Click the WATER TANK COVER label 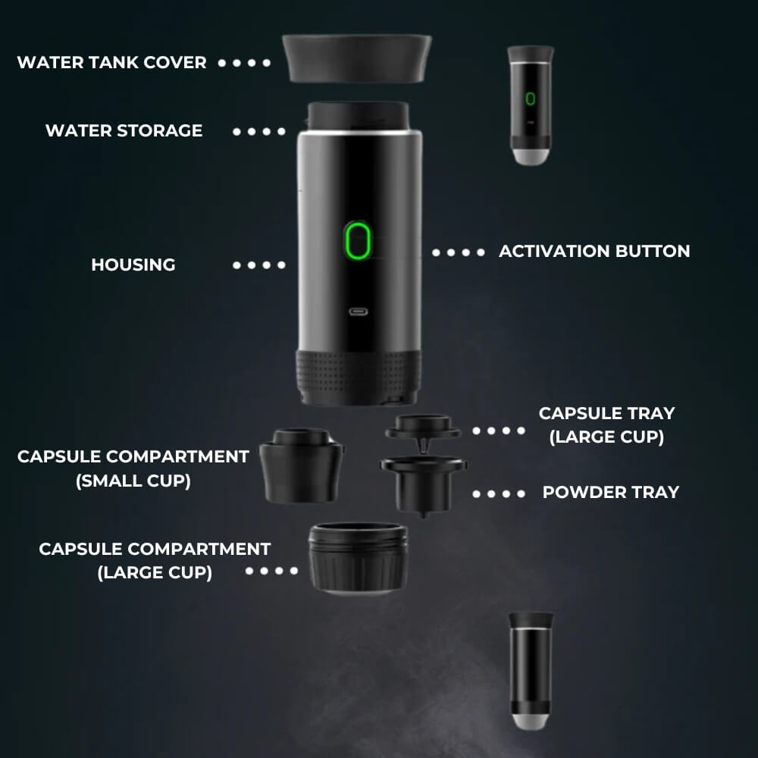point(111,62)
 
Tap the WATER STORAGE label point(124,130)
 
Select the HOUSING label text point(133,265)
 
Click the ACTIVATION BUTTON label point(594,251)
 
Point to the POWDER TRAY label point(610,492)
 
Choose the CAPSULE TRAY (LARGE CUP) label point(606,425)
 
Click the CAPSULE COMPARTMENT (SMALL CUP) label point(133,468)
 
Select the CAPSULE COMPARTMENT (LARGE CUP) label point(155,560)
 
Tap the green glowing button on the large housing point(357,241)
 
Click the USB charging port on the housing point(357,312)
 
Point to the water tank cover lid point(356,57)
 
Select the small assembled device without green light point(531,670)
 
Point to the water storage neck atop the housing point(358,116)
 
